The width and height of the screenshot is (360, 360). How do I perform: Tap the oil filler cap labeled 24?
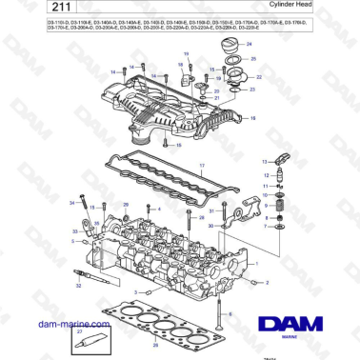point(228,52)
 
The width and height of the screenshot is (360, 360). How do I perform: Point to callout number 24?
point(250,46)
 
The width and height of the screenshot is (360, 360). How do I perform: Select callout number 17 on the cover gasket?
point(202,167)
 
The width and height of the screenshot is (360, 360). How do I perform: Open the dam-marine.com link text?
point(44,324)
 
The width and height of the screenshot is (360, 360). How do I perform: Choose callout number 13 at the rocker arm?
point(262,164)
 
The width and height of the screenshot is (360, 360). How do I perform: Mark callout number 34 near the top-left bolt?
point(71,203)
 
